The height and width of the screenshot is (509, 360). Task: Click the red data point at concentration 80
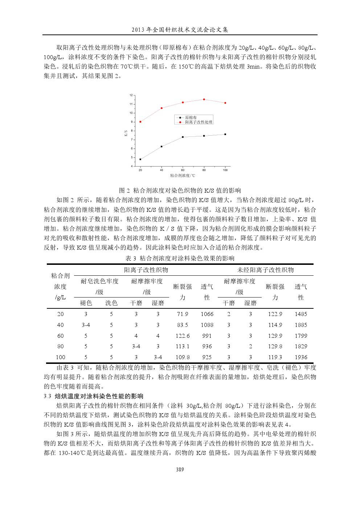204,99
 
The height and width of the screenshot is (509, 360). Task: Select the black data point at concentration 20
140,159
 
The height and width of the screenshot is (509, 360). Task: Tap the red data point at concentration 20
140,122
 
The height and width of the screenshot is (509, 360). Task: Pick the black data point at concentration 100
225,134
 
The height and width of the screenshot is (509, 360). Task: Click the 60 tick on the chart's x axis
183,170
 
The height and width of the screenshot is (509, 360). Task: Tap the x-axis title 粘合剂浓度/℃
182,176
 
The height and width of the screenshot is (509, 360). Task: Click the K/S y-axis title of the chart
126,133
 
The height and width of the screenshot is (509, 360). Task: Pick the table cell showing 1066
207,314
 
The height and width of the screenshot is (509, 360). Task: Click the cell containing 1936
301,357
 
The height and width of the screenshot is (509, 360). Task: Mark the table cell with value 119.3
275,357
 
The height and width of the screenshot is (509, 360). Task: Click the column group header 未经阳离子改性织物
265,270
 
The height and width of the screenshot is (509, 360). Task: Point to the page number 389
180,469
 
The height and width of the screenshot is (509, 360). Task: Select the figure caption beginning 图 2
180,190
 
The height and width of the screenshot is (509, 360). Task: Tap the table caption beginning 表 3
180,258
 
